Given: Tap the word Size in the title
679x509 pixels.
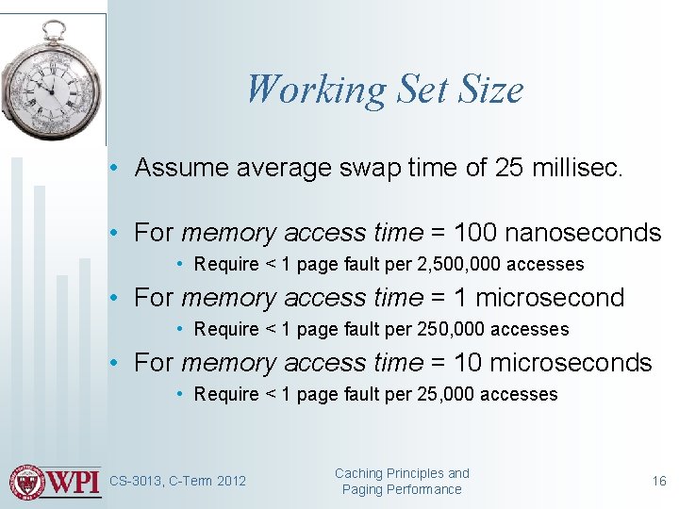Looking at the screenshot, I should pyautogui.click(x=490, y=90).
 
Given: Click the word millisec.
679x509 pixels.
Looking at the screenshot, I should pyautogui.click(x=576, y=168).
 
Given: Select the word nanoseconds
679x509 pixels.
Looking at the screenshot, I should pyautogui.click(x=582, y=232).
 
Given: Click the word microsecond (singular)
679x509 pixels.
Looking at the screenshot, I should pyautogui.click(x=551, y=297).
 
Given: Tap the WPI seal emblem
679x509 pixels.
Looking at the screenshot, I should pyautogui.click(x=26, y=482).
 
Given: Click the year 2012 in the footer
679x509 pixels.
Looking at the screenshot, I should pyautogui.click(x=231, y=481).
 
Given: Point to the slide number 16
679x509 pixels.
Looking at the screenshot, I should pyautogui.click(x=659, y=481).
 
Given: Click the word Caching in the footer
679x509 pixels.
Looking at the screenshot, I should pyautogui.click(x=359, y=473).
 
